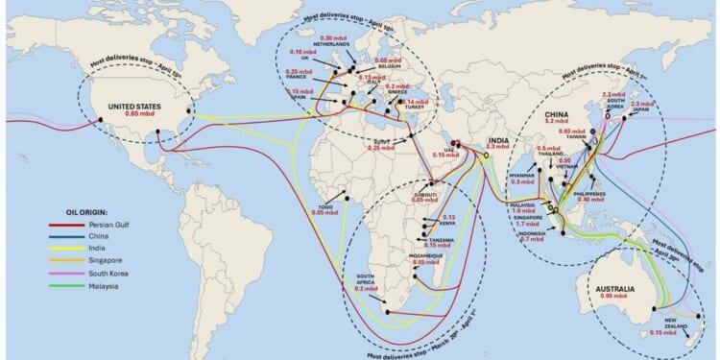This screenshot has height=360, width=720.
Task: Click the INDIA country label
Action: tap(497, 140)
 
